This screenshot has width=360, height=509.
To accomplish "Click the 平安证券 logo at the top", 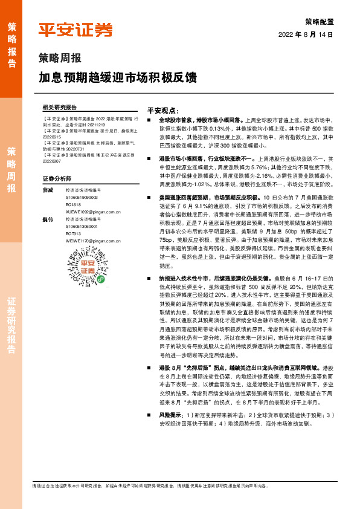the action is coord(76,30).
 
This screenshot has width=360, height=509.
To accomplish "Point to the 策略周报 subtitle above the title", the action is coord(60,59).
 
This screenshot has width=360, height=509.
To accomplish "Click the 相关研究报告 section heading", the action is coord(60,106).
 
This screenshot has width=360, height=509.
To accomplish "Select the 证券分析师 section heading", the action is coord(58,180).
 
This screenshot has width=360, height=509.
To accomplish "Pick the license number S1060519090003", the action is coord(82,197).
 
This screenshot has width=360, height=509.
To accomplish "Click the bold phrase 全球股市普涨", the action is coord(175,121).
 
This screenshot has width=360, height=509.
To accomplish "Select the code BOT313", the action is coord(74,233).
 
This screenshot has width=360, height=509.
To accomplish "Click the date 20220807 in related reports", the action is coord(53,162).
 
